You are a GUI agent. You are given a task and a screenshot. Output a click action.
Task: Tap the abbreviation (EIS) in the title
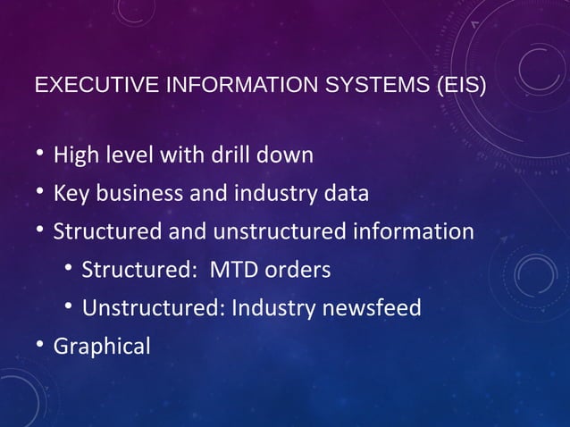tap(460, 87)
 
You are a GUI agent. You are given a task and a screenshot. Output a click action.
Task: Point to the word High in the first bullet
tap(77, 155)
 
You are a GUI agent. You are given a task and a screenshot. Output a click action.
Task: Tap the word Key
tap(71, 194)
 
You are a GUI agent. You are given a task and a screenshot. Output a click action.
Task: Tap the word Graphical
tap(102, 347)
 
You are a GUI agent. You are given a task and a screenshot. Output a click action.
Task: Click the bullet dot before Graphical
tap(40, 344)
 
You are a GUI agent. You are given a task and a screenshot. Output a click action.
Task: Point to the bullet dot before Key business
tap(40, 191)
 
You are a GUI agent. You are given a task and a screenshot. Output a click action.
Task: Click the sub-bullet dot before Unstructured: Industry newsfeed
tap(69, 306)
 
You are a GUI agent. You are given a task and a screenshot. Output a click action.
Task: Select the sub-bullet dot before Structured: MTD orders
tap(69, 268)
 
